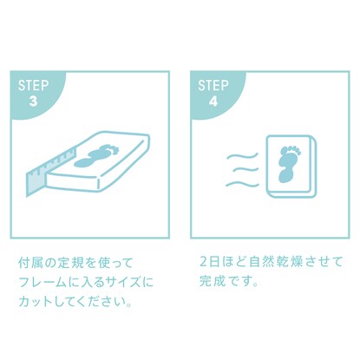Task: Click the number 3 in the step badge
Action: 34,101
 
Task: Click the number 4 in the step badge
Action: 213,101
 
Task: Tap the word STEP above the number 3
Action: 34,86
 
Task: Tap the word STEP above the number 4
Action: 213,86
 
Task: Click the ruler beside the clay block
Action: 49,172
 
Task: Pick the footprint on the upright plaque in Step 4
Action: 289,164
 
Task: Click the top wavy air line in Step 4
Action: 242,157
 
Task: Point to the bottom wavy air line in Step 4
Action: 242,184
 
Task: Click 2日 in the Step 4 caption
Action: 209,262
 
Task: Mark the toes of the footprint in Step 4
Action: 291,150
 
